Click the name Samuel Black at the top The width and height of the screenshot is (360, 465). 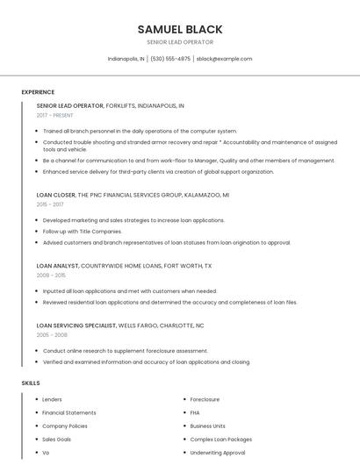(180, 29)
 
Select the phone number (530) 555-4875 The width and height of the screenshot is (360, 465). (170, 59)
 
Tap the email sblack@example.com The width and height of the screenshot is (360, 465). (224, 59)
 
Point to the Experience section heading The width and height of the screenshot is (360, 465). (38, 92)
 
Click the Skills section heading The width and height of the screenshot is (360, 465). (31, 383)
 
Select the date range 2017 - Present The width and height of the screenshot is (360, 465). (54, 115)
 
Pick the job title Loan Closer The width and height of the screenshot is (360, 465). (56, 195)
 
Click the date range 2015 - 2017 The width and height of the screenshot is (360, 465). (50, 204)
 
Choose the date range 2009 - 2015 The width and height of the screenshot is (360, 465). (51, 275)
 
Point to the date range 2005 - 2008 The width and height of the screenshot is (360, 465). (52, 334)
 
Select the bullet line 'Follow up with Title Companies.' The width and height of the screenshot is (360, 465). (83, 231)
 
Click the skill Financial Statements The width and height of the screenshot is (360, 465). (69, 412)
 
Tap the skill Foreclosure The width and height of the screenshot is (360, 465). (205, 399)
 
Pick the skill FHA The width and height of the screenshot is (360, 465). (195, 412)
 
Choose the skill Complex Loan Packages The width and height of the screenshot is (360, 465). (220, 439)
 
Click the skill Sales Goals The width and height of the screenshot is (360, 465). (57, 439)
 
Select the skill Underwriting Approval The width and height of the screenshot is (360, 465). (218, 452)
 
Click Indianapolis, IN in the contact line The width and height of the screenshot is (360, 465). (126, 59)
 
